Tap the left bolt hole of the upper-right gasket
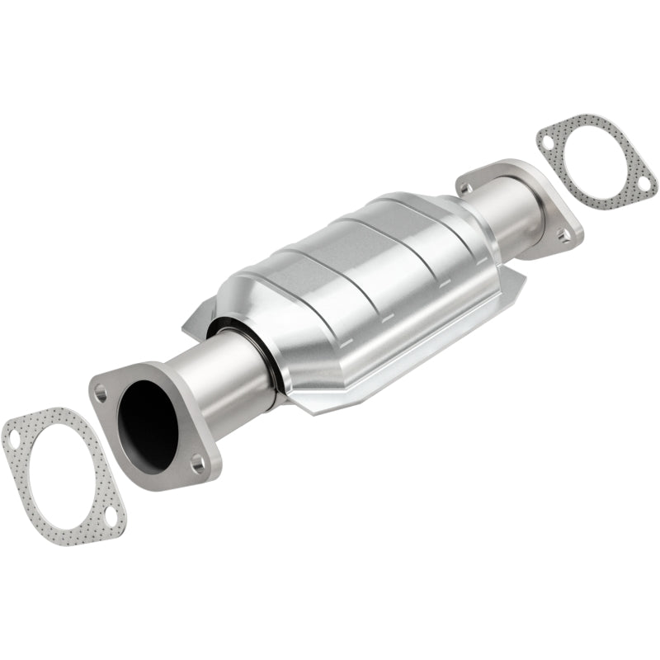click(547, 141)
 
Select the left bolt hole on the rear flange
click(469, 188)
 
